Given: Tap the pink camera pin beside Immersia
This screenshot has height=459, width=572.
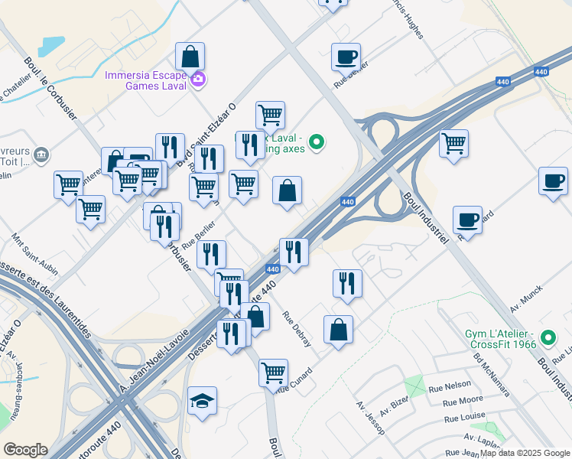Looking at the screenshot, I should [x=198, y=80].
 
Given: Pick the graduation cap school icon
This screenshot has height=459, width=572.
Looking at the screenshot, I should [x=203, y=401].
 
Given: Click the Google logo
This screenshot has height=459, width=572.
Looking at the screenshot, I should [x=25, y=450].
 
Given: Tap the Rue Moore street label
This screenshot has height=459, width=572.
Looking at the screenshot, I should [x=463, y=400].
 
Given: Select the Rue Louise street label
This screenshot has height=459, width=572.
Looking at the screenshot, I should [x=463, y=418].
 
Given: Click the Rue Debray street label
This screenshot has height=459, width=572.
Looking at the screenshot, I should [x=297, y=330].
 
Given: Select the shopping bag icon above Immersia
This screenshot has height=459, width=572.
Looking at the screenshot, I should [x=190, y=56].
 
